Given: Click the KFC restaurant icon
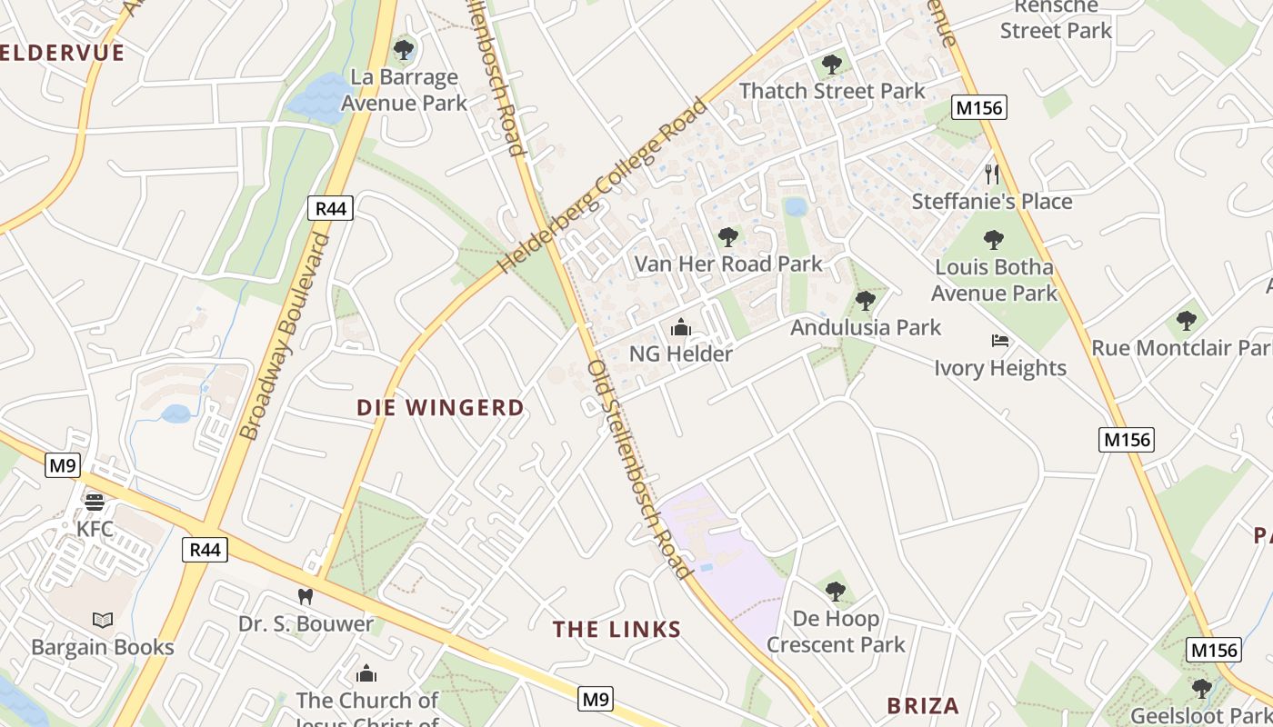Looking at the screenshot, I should coord(95,503).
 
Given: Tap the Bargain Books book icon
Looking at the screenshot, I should coord(103,620).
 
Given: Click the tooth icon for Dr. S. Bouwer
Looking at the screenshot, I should coord(306,597).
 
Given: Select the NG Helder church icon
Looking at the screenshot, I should coord(681,327).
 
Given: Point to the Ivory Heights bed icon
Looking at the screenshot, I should coord(1000,341).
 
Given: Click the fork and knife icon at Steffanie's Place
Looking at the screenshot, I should coord(992,174).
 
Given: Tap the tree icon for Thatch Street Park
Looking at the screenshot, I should coord(831,65).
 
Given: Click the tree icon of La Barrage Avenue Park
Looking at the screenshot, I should coord(404,50).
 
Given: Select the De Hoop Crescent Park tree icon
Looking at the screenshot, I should coord(836,593).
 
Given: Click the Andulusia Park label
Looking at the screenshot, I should coord(866,327).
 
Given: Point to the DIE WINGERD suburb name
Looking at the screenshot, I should coord(441,408).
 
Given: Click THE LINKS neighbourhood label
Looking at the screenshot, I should coord(617,629).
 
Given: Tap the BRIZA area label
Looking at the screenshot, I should coord(923,706).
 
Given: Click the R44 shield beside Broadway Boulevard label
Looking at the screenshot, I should coord(331,209).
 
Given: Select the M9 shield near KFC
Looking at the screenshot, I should coord(63,466).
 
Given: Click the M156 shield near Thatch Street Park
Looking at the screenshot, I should coord(979,108).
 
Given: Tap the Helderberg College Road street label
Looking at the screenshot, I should coord(602,187).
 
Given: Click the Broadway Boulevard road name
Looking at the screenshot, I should coord(284,336).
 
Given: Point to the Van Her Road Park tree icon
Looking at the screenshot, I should coord(727,237).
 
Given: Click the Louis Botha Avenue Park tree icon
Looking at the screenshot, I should coord(994,240).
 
